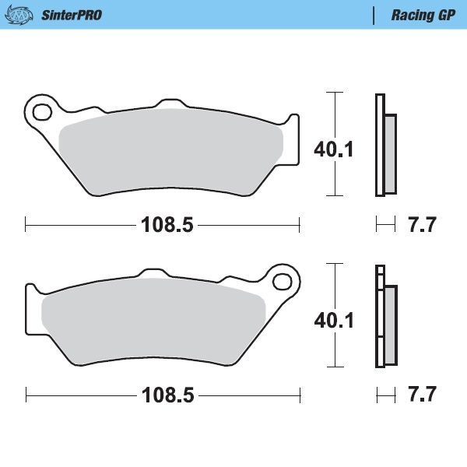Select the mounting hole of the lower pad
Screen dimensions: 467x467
click(285, 279)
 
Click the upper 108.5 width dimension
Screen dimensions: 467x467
click(166, 226)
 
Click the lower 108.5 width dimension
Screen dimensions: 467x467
click(166, 395)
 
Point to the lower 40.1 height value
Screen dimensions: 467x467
click(333, 319)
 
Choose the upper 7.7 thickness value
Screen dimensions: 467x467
click(422, 226)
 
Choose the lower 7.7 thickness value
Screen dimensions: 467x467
click(422, 395)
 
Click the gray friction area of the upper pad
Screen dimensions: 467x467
click(171, 148)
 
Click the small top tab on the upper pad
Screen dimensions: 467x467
click(168, 103)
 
